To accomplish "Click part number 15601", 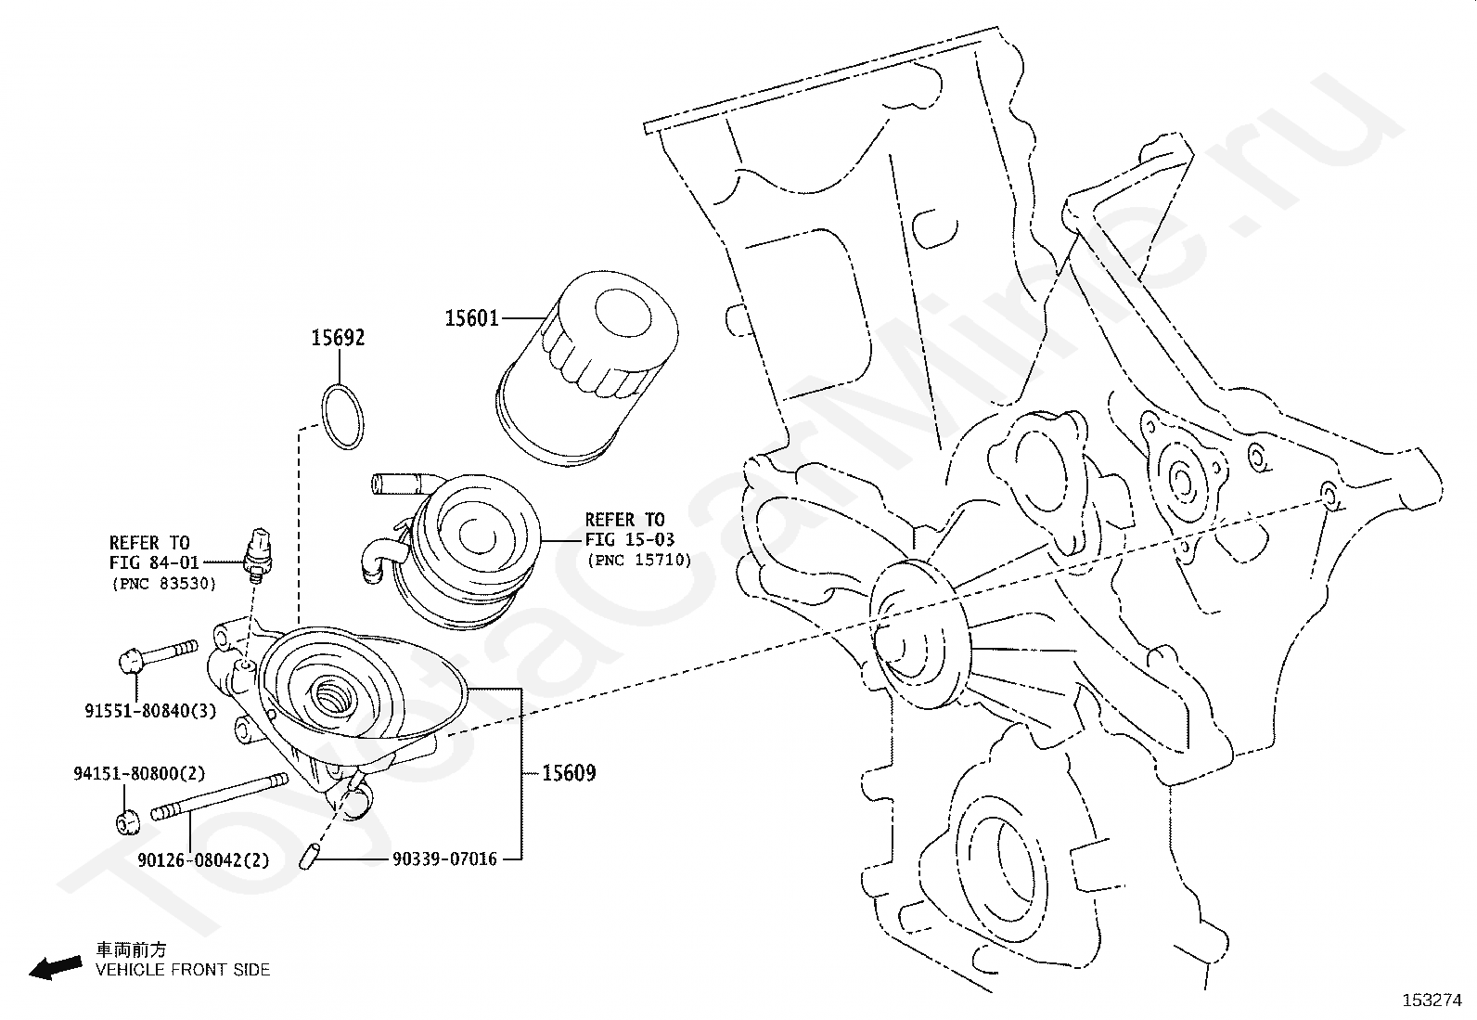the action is [x=471, y=318].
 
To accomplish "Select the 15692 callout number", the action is [x=338, y=338].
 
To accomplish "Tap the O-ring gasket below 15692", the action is [x=342, y=417].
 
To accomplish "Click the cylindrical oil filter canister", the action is [x=586, y=368].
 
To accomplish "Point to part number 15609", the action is [x=569, y=772].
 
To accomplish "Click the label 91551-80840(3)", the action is [x=151, y=711].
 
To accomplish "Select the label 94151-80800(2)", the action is [x=139, y=773].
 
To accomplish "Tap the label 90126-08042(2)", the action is [x=204, y=860].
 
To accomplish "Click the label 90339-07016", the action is [x=444, y=859].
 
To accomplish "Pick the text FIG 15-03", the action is [x=630, y=539].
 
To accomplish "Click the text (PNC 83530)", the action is [x=164, y=584].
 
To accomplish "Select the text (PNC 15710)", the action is [x=639, y=561].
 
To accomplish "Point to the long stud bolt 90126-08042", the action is [x=220, y=797].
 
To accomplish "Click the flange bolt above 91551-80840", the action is [x=159, y=656].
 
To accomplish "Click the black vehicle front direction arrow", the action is [x=56, y=967].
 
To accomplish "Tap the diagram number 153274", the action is [x=1432, y=1001].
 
